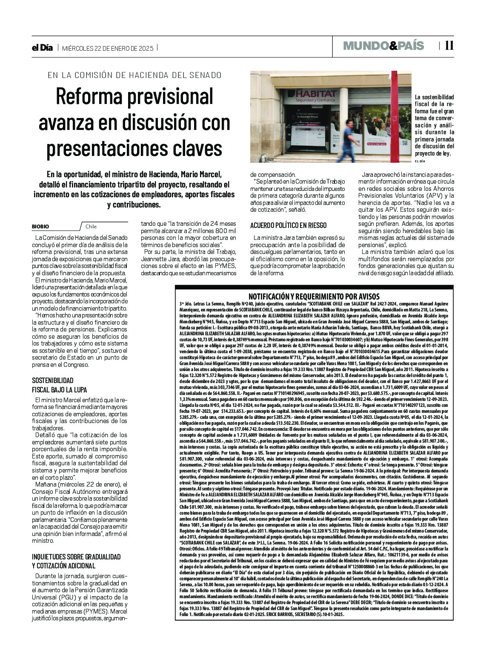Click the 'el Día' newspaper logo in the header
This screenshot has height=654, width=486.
tap(42, 48)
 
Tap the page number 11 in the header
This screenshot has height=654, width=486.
tap(449, 46)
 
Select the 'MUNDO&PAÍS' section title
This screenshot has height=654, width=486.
tap(383, 46)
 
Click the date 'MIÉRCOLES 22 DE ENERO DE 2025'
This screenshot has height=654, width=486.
tap(107, 48)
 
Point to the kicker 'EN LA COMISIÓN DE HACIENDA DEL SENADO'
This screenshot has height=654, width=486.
tap(134, 75)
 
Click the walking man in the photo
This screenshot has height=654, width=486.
tap(349, 138)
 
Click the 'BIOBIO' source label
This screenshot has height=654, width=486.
tap(40, 227)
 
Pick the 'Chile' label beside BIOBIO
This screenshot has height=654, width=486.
tap(91, 227)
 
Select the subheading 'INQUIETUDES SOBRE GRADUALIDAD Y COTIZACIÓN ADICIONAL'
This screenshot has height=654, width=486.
tap(76, 561)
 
